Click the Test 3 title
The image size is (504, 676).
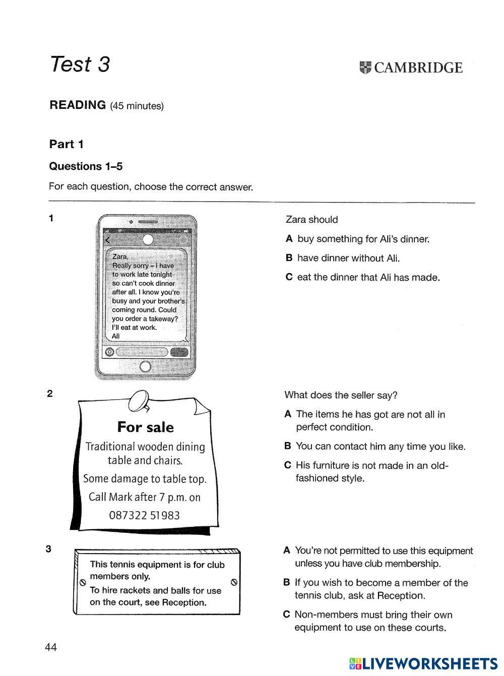coord(80,64)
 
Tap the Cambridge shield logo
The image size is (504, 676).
coord(365,67)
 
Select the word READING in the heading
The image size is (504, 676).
coord(78,105)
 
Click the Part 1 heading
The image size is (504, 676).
coord(66,144)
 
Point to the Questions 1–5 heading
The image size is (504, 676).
coord(86,166)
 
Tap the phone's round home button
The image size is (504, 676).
coord(145,366)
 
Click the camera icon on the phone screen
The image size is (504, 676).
coord(109,352)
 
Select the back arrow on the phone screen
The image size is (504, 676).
coord(107,240)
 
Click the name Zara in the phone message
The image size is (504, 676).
coord(120,256)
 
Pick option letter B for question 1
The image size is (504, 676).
coord(289,258)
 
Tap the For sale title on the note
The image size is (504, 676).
coord(145,427)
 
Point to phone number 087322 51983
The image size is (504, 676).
coord(145,515)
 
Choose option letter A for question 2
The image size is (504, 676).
coord(288,414)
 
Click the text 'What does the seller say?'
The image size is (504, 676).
coord(341,395)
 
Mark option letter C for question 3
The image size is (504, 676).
coord(286,615)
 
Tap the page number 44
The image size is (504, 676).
coord(51,647)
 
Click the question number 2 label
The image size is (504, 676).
coord(49,394)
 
